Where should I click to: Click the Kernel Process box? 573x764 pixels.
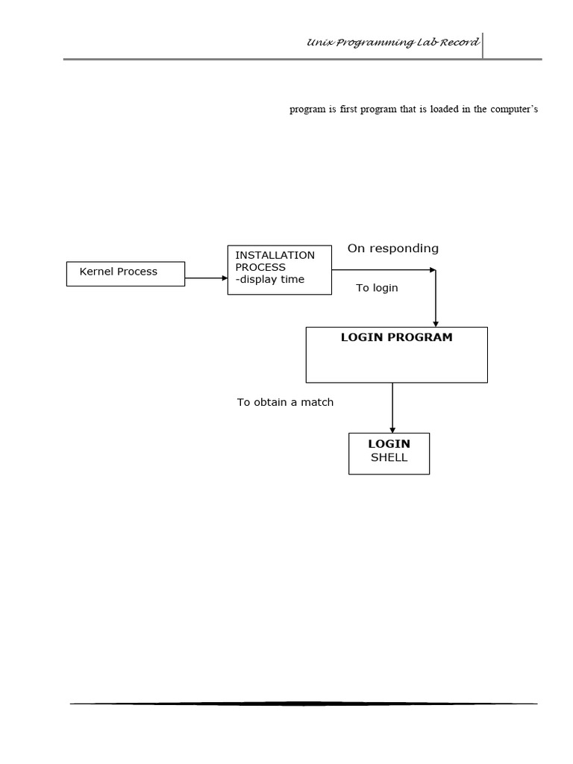(x=125, y=274)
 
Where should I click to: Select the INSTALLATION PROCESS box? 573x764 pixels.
(x=279, y=269)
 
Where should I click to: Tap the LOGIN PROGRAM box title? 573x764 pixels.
(x=396, y=337)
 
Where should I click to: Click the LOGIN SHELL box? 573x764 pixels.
(x=389, y=453)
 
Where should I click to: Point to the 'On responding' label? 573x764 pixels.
(x=392, y=248)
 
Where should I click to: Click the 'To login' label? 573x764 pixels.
(x=377, y=288)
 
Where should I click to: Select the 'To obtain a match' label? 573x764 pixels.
(x=285, y=402)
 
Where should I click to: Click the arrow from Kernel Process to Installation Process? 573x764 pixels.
(x=206, y=278)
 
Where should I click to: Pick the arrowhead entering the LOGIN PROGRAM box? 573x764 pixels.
(x=435, y=322)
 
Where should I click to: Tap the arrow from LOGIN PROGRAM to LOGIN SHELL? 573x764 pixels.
(x=392, y=407)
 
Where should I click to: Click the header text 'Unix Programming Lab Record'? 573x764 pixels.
(x=392, y=43)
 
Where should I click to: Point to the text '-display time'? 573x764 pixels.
(x=269, y=280)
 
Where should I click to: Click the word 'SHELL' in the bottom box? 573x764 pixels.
(x=389, y=458)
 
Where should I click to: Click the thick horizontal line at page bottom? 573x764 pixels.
(x=304, y=704)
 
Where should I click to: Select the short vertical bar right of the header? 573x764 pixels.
(x=483, y=45)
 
